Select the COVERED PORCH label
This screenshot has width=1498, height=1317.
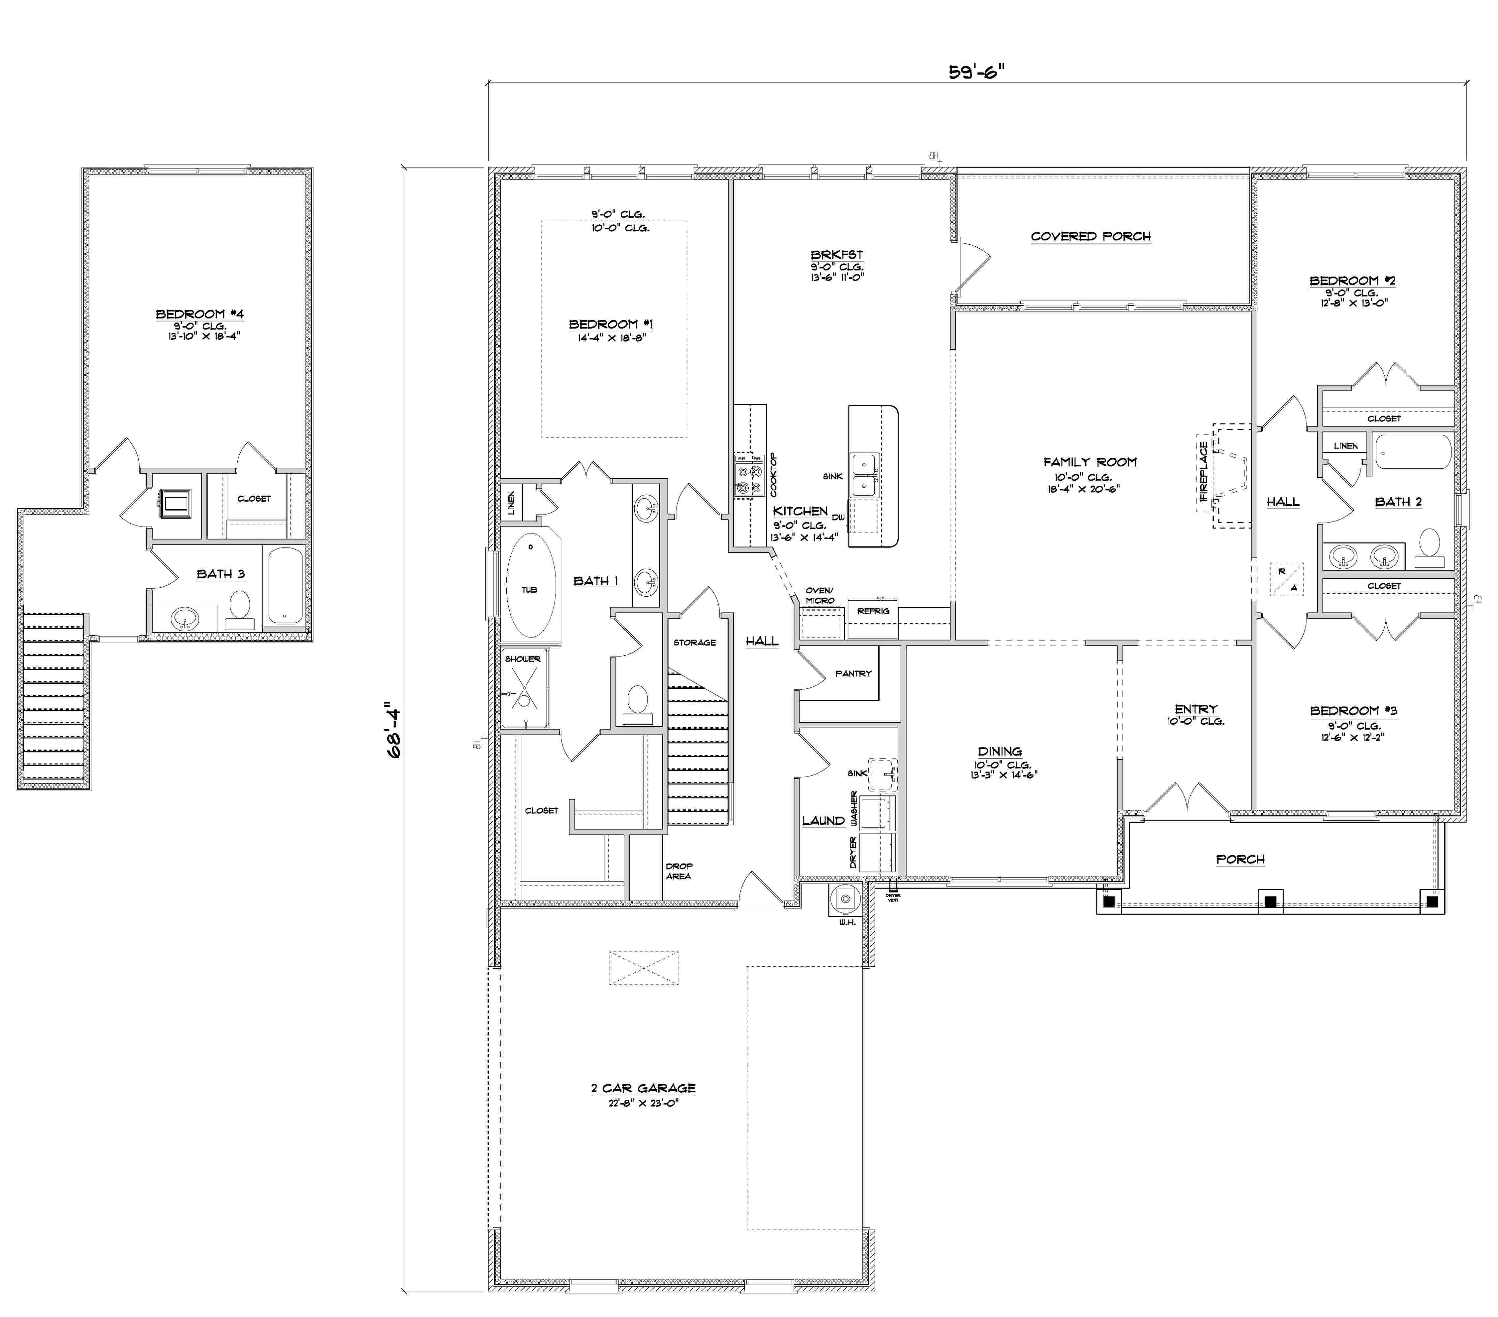click(1091, 236)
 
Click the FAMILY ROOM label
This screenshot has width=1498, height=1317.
click(1090, 462)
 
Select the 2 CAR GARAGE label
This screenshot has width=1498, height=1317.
click(643, 1088)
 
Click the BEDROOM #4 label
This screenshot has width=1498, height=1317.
click(199, 314)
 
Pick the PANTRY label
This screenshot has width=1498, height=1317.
click(853, 673)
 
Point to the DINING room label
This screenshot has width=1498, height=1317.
click(1000, 751)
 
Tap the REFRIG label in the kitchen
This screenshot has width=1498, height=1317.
click(873, 611)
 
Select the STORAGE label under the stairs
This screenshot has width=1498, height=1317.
click(694, 643)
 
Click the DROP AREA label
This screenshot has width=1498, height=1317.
click(679, 871)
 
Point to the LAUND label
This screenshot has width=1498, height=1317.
click(823, 821)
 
